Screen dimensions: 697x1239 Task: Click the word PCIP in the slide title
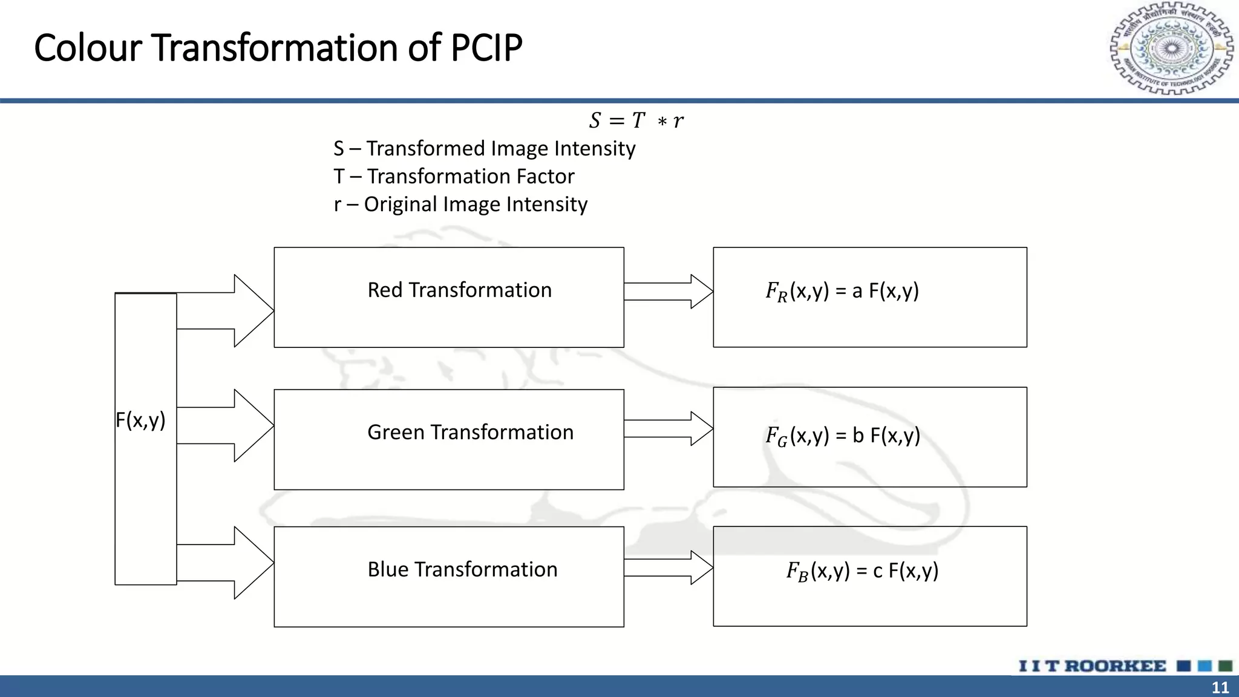click(x=486, y=48)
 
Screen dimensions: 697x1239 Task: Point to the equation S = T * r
click(x=636, y=120)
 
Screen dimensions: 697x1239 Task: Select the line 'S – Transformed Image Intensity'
click(x=484, y=148)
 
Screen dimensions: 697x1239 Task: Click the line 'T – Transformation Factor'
click(x=454, y=176)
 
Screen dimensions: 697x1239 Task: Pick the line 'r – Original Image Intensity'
click(x=460, y=204)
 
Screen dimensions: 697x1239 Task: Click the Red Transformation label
click(x=459, y=290)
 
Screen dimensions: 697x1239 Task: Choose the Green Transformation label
click(x=470, y=432)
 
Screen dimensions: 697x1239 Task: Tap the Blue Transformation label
click(x=462, y=569)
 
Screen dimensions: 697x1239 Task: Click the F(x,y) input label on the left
click(x=140, y=420)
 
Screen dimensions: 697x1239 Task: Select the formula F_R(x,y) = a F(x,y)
click(x=842, y=291)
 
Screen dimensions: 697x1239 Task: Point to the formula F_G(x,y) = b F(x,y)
click(x=843, y=435)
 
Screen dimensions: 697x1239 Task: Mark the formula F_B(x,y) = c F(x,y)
click(x=862, y=571)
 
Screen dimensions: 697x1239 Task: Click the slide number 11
click(x=1220, y=687)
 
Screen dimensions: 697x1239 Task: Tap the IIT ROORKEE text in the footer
click(x=1092, y=666)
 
